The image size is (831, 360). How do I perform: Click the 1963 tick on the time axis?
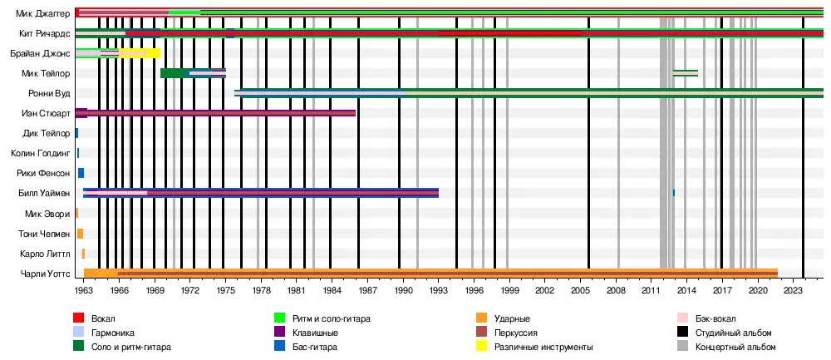(84, 290)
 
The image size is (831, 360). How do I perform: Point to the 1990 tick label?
(404, 290)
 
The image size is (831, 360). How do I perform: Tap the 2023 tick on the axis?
(794, 290)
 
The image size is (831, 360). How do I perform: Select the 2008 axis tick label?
(616, 290)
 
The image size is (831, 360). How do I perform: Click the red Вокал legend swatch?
(79, 318)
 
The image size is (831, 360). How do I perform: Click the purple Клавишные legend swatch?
(280, 333)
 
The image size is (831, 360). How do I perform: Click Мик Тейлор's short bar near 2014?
(685, 73)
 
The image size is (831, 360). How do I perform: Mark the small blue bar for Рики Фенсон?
(81, 173)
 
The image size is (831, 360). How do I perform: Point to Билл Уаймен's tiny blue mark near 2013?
(674, 193)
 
